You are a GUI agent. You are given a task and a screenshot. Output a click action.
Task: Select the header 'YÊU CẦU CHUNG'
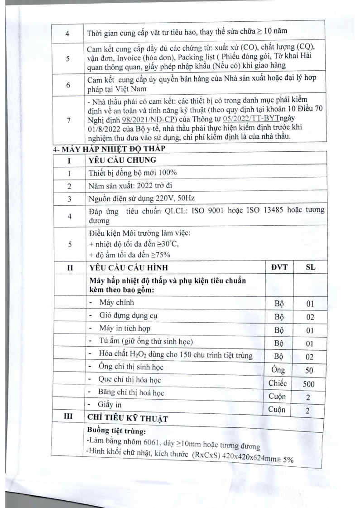click(123, 160)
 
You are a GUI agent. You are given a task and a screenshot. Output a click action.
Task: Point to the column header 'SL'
click(310, 267)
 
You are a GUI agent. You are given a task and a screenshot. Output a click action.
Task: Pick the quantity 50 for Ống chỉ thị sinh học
click(309, 370)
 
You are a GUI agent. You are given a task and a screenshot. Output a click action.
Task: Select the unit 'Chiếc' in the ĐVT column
click(278, 383)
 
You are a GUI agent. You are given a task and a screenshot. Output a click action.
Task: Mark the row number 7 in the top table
click(68, 120)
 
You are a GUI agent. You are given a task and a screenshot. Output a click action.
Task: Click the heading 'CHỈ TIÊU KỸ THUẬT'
click(129, 419)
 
